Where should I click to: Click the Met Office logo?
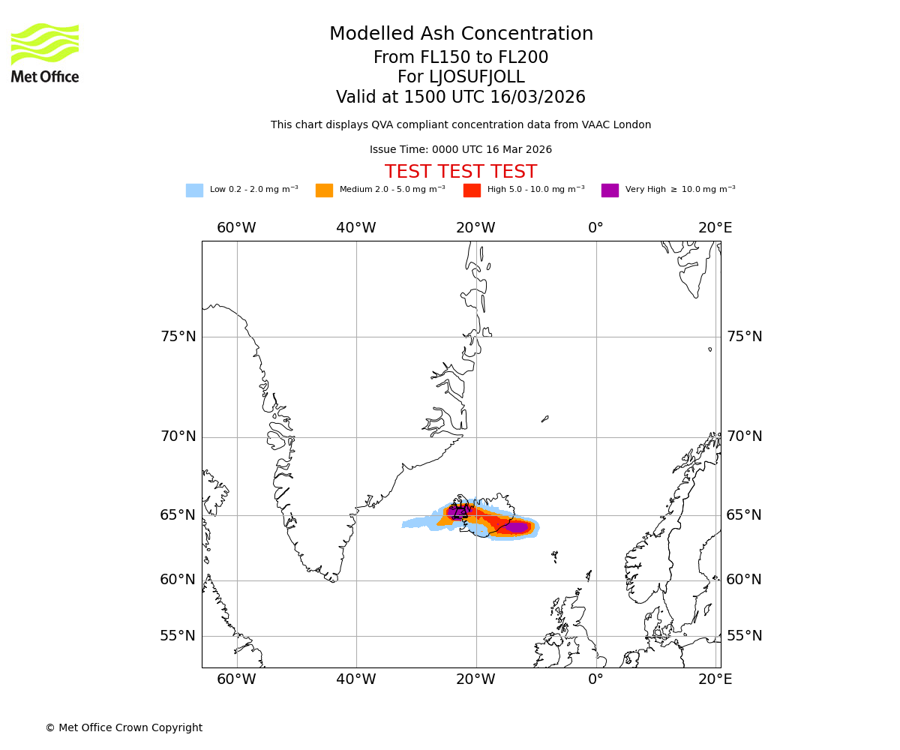click(x=45, y=52)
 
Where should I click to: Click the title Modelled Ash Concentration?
click(x=460, y=34)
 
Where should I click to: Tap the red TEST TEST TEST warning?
click(x=460, y=172)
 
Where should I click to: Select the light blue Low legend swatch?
click(x=194, y=190)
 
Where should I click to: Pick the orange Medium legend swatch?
click(x=324, y=190)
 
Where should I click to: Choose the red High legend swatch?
click(x=472, y=190)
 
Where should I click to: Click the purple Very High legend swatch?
click(x=610, y=190)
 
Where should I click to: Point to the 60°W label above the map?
click(x=236, y=228)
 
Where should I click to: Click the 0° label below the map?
click(x=595, y=679)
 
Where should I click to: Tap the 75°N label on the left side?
click(x=178, y=337)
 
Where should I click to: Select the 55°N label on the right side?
click(x=744, y=636)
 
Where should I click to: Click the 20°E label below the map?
click(x=715, y=679)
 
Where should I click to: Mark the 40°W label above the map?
click(x=355, y=228)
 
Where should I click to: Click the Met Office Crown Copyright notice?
click(x=124, y=727)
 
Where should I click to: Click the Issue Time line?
click(x=460, y=150)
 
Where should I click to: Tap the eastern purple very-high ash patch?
click(x=517, y=527)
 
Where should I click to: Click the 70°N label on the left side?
click(x=178, y=436)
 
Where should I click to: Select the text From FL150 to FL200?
click(x=460, y=58)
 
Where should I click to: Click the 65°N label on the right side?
click(x=744, y=515)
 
